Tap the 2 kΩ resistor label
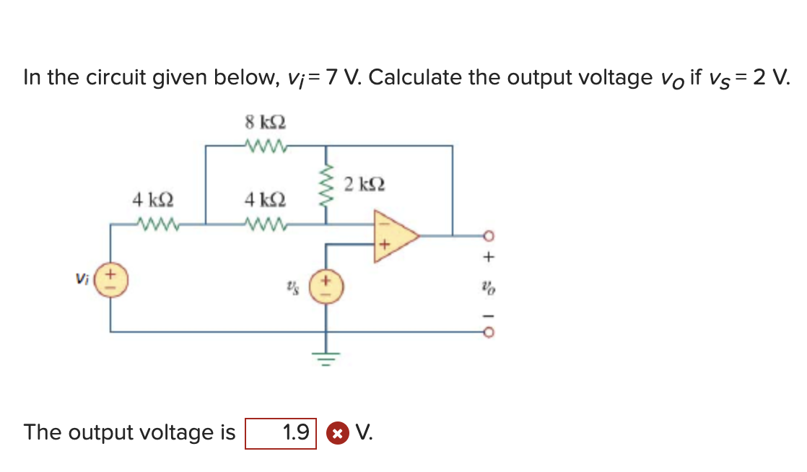pos(365,183)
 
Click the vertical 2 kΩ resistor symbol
pos(326,185)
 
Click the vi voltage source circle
pos(111,279)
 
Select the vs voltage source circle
pos(326,284)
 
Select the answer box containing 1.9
pos(281,433)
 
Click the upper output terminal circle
pos(488,235)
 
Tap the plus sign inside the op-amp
pos(384,246)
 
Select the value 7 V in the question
pos(343,77)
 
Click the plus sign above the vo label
pos(489,255)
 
